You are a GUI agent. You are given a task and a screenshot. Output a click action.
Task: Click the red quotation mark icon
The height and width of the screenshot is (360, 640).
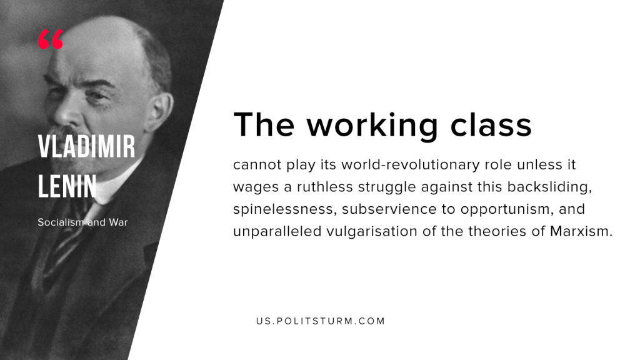pyautogui.click(x=51, y=39)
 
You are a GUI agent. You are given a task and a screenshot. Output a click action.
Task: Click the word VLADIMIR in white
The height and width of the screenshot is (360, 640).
pyautogui.click(x=86, y=146)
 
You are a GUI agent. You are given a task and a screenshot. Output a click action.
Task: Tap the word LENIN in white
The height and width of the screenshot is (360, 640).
pyautogui.click(x=67, y=186)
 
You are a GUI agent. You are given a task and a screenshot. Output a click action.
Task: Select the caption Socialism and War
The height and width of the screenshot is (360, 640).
pyautogui.click(x=83, y=222)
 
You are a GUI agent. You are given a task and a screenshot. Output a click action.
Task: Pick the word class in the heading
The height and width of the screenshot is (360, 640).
pyautogui.click(x=491, y=124)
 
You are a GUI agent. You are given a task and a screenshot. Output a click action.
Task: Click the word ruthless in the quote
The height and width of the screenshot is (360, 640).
pyautogui.click(x=325, y=187)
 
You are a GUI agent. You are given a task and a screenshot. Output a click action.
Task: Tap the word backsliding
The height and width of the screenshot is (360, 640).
pyautogui.click(x=550, y=187)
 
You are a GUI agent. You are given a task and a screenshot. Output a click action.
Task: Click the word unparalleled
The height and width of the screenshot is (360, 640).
pyautogui.click(x=277, y=232)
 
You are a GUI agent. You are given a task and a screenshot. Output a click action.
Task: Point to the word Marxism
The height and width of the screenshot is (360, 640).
pyautogui.click(x=581, y=231)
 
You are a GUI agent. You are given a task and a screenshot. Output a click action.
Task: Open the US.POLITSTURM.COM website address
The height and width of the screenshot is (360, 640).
pyautogui.click(x=321, y=321)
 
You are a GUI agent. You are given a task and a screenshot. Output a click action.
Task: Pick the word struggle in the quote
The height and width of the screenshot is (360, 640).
pyautogui.click(x=387, y=187)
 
